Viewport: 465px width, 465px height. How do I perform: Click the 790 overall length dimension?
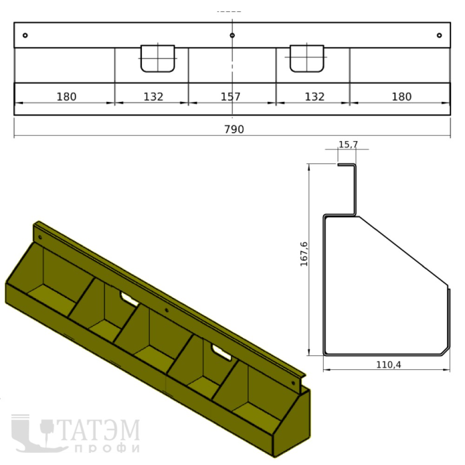[234, 129]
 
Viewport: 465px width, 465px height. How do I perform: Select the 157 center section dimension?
[231, 97]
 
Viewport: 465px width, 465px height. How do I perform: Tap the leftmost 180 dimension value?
[66, 97]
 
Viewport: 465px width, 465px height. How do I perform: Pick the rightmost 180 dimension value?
[402, 97]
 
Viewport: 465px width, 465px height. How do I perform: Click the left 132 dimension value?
[153, 97]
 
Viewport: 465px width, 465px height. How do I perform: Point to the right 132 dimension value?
[315, 97]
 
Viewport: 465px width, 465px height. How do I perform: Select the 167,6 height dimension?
[304, 254]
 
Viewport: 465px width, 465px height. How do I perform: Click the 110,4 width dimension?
[388, 365]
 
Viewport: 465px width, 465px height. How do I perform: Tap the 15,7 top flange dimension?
[348, 145]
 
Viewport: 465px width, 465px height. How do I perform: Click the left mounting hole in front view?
[25, 35]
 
